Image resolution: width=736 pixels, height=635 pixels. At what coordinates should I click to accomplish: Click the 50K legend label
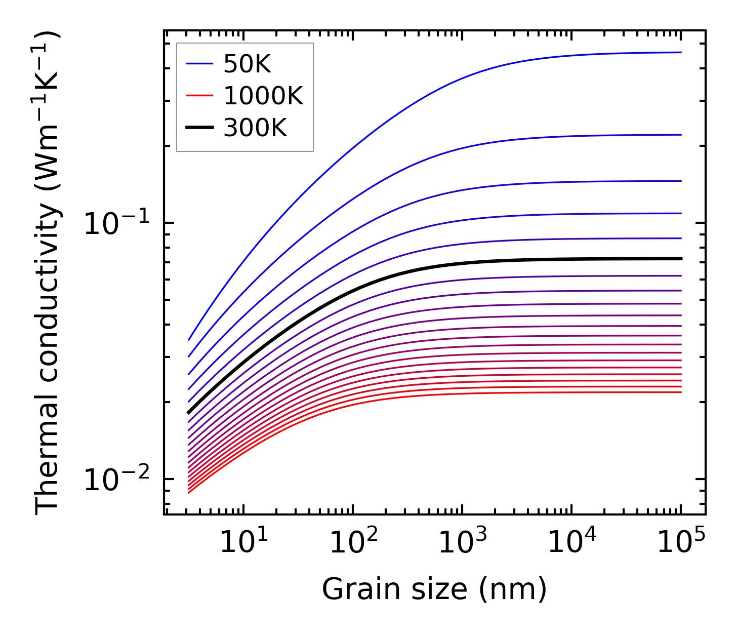click(x=247, y=64)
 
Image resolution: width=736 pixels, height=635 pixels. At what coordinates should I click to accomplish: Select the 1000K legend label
click(x=263, y=96)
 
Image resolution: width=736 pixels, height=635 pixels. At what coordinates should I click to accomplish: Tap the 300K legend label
click(x=255, y=129)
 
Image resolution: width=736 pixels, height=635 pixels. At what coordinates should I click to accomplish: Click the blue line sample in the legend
click(x=199, y=64)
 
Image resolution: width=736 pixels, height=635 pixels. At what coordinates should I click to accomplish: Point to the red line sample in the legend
click(x=199, y=96)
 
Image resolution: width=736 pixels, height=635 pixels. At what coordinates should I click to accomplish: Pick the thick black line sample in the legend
click(x=199, y=129)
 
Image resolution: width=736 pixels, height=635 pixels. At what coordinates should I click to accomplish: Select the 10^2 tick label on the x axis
click(x=353, y=543)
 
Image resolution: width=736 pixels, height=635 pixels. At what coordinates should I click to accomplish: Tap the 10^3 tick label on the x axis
click(x=462, y=543)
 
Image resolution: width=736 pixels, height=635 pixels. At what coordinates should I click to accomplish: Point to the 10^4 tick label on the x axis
click(x=571, y=543)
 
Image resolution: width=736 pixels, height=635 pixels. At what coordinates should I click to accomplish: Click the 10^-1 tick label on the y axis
click(x=116, y=223)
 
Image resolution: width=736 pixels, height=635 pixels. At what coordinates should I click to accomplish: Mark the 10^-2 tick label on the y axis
click(x=116, y=480)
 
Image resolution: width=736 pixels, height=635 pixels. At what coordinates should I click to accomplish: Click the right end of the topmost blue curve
click(x=681, y=52)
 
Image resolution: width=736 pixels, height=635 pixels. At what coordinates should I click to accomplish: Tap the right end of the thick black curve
click(x=681, y=259)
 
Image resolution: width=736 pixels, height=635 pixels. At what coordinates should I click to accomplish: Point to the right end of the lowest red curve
click(x=681, y=392)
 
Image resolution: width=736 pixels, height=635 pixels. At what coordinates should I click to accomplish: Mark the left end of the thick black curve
click(x=188, y=413)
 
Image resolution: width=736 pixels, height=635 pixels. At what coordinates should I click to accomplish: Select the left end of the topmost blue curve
click(x=188, y=340)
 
